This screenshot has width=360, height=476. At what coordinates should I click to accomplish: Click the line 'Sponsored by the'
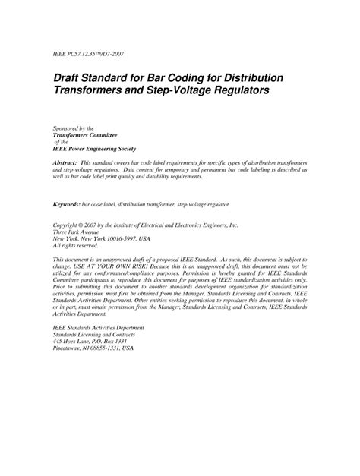click(x=73, y=128)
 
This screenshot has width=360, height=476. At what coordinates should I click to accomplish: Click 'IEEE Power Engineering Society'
click(x=99, y=149)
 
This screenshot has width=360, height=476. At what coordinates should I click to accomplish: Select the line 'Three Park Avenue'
click(x=76, y=232)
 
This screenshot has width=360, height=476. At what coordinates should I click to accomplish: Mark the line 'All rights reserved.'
click(x=75, y=246)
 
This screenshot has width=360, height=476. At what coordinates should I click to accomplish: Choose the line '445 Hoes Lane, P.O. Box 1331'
click(x=88, y=341)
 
